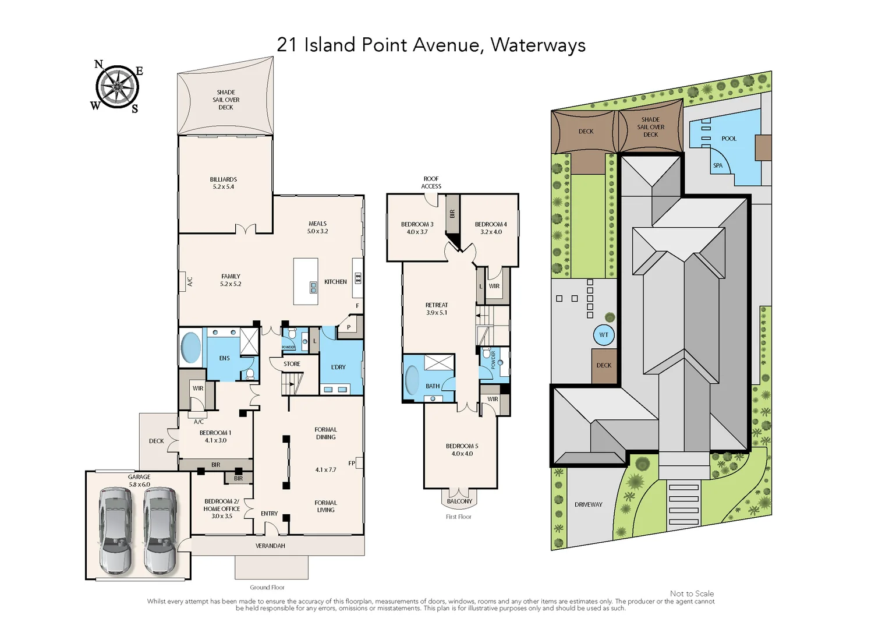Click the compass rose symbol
pyautogui.click(x=117, y=87)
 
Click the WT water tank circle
pyautogui.click(x=604, y=335)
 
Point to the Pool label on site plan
pyautogui.click(x=729, y=139)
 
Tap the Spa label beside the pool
pyautogui.click(x=718, y=165)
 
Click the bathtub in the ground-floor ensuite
pyautogui.click(x=190, y=347)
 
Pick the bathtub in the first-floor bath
pyautogui.click(x=412, y=380)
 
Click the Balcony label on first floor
pyautogui.click(x=459, y=501)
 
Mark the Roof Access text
pyautogui.click(x=431, y=183)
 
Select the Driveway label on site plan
pyautogui.click(x=588, y=504)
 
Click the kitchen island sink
pyautogui.click(x=313, y=286)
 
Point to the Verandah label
pyautogui.click(x=270, y=546)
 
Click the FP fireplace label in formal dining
pyautogui.click(x=352, y=464)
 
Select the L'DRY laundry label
pyautogui.click(x=338, y=367)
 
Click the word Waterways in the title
pyautogui.click(x=537, y=45)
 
